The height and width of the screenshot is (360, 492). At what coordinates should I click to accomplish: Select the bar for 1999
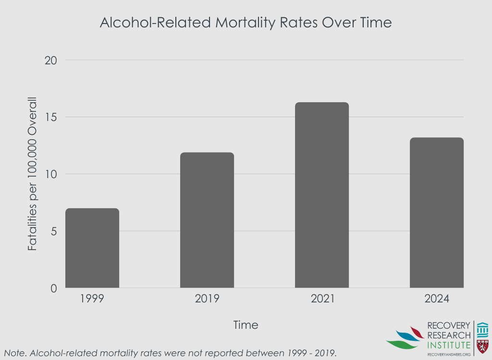point(92,248)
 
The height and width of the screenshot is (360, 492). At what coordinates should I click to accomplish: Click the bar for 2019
point(207,220)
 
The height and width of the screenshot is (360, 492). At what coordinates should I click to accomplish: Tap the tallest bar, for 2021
point(322,195)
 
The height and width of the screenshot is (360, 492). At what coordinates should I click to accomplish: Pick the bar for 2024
point(436,213)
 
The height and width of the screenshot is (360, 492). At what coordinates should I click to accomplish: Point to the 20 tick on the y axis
point(50,60)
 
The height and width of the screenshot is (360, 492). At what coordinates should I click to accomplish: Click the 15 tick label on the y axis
point(50,117)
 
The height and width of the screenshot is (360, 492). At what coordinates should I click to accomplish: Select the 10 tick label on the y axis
point(50,174)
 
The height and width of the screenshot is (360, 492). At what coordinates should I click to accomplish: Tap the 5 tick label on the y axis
point(53,231)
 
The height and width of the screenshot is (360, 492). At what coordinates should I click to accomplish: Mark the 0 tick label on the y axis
point(53,288)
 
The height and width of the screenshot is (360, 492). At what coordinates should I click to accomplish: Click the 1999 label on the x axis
point(92,299)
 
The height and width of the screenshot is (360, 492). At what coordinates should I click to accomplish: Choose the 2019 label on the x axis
point(207,299)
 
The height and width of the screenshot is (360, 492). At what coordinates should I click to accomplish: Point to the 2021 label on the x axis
point(322,299)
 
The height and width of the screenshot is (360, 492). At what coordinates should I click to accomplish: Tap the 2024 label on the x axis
point(436,299)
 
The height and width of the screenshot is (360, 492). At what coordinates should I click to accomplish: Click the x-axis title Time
point(246,325)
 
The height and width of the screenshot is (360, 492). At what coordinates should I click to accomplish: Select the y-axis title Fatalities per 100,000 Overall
point(32,174)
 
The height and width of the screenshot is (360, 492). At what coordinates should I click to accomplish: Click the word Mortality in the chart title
point(246,23)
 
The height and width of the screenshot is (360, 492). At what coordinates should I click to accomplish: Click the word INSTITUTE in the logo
point(448,345)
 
